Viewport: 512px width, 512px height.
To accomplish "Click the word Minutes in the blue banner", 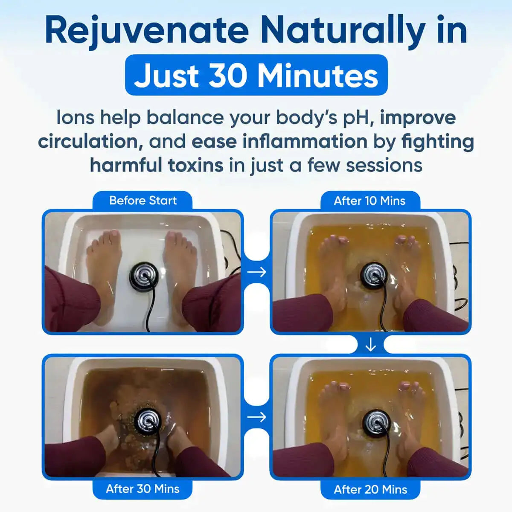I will (318, 76).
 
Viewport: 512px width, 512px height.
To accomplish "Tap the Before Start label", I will (143, 201).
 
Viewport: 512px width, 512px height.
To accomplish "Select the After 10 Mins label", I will (369, 201).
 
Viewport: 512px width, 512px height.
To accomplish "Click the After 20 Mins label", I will (370, 489).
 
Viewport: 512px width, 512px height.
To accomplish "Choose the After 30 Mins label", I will (143, 489).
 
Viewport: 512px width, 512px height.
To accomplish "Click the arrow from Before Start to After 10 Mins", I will (257, 272).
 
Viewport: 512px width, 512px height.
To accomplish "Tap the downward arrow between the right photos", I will (370, 344).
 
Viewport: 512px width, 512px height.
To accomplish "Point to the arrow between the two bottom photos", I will (257, 417).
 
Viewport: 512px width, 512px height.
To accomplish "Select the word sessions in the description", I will (384, 165).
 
